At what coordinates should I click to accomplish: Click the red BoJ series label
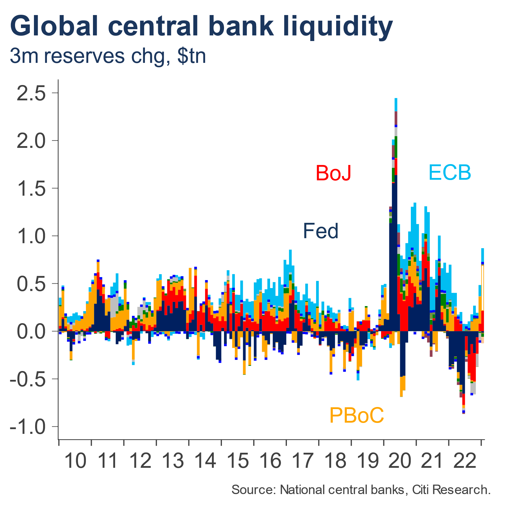click(333, 173)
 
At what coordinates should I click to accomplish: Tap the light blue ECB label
click(449, 172)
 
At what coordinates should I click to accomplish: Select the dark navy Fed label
click(321, 231)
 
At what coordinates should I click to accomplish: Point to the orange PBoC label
click(357, 415)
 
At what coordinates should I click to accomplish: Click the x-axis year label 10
click(75, 461)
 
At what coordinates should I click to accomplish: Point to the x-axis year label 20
click(400, 461)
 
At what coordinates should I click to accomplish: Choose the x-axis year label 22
click(465, 461)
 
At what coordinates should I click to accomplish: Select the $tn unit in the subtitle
click(191, 56)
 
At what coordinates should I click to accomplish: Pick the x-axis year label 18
click(335, 461)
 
